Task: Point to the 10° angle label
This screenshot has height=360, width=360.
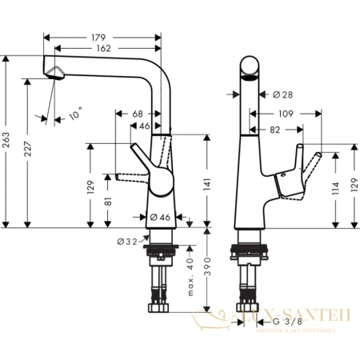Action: (x=75, y=116)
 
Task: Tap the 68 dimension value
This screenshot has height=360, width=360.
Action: (x=138, y=114)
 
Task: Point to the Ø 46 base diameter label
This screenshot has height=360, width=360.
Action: (x=158, y=217)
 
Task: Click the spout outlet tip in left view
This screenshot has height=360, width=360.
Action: (x=54, y=75)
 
